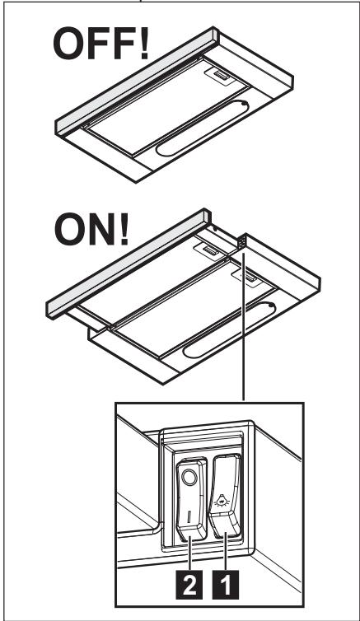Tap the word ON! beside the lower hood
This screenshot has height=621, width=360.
pyautogui.click(x=91, y=229)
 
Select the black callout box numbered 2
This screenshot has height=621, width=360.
pyautogui.click(x=189, y=584)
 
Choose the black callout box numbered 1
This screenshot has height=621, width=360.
pyautogui.click(x=226, y=584)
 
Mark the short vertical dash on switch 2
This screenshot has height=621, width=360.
pyautogui.click(x=189, y=517)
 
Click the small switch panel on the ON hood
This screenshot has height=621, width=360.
pyautogui.click(x=241, y=242)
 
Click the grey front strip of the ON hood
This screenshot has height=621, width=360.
pyautogui.click(x=129, y=264)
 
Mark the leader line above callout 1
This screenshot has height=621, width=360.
pyautogui.click(x=226, y=551)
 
